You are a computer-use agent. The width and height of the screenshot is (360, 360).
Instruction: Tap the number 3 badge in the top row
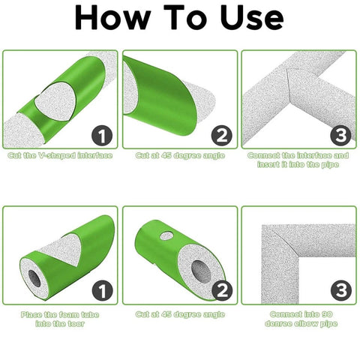[x=340, y=135]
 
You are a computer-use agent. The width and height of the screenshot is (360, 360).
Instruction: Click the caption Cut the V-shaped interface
[x=61, y=156]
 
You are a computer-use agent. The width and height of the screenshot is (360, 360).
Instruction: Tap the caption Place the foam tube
[x=60, y=314]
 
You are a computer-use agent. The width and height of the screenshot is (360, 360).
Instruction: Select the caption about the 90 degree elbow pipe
[x=298, y=319]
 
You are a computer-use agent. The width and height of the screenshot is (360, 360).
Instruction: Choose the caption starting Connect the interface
[x=298, y=160]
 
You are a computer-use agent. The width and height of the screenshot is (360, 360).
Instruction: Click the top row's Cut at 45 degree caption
[x=180, y=156]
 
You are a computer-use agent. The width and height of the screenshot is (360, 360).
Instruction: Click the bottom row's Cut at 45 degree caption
[x=180, y=314]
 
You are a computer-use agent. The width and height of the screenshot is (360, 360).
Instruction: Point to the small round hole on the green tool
[x=166, y=236]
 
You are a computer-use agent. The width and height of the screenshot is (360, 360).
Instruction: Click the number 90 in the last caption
[x=326, y=314]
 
